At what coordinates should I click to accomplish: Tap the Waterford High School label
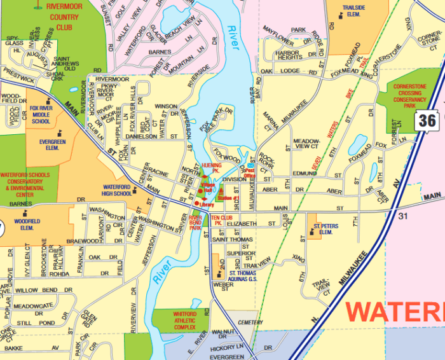(x=116, y=190)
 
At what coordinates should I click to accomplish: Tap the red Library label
(x=207, y=204)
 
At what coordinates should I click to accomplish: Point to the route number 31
(x=402, y=216)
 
